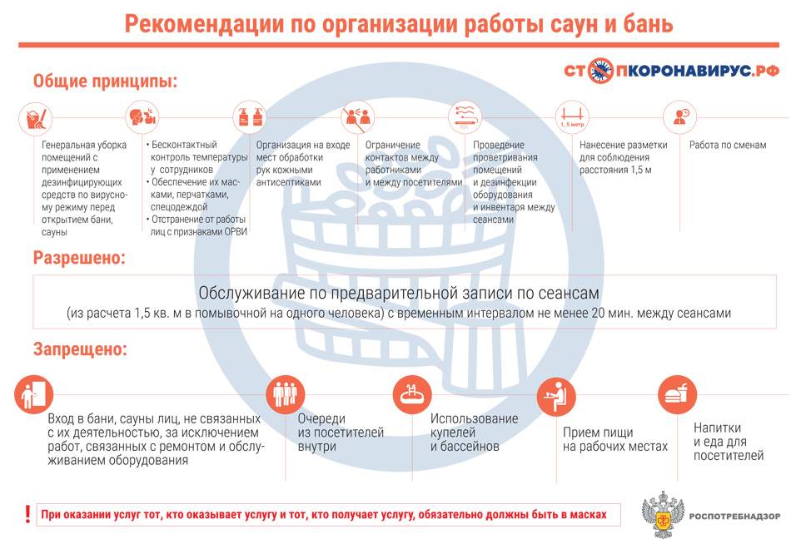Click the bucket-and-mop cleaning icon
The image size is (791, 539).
[36, 118]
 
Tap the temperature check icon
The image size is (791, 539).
[142, 117]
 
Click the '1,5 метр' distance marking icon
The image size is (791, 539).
[572, 117]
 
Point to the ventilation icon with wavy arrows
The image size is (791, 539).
[465, 117]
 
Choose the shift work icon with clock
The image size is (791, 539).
[679, 117]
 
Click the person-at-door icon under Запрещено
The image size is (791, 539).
[34, 394]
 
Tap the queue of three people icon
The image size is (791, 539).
[286, 394]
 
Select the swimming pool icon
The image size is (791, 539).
[413, 394]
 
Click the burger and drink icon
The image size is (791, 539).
[677, 394]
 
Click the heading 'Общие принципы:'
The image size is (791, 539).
[106, 81]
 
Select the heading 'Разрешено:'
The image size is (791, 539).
[79, 257]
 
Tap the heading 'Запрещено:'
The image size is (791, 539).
[80, 349]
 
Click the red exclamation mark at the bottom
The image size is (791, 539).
[27, 514]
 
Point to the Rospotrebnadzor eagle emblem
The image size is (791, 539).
[663, 514]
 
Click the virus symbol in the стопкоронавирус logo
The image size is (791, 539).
[599, 71]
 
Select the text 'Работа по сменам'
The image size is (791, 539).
[728, 145]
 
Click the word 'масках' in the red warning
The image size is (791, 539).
[588, 514]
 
